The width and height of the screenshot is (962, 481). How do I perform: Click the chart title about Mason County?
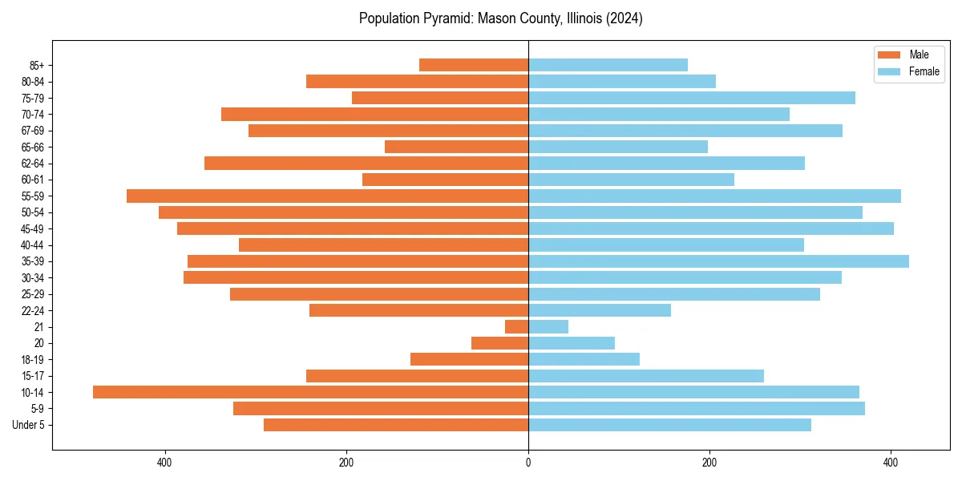[x=500, y=18]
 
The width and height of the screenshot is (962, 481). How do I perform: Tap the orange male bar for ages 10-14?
[x=310, y=392]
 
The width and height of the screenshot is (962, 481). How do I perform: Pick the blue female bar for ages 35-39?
[x=718, y=261]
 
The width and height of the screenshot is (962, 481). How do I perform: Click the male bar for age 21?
[x=516, y=326]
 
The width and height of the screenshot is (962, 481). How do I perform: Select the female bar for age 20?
[x=572, y=343]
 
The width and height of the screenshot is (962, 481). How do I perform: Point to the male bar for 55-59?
[x=327, y=196]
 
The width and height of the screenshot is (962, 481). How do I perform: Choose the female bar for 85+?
[x=608, y=65]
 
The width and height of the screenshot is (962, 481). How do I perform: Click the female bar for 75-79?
[x=692, y=98]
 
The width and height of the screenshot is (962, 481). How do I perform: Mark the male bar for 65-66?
[x=456, y=147]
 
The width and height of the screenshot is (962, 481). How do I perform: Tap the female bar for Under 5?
[x=669, y=425]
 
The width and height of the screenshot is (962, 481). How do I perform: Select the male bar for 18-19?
[x=469, y=359]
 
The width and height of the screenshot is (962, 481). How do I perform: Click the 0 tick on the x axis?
[x=528, y=463]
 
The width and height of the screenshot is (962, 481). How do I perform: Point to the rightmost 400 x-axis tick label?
[x=890, y=463]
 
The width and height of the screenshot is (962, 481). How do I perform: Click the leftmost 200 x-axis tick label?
[x=346, y=463]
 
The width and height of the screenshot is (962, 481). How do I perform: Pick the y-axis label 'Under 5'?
[x=28, y=425]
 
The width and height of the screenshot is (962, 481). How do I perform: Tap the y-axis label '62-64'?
[x=33, y=164]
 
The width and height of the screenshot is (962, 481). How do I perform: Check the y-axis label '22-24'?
[x=33, y=310]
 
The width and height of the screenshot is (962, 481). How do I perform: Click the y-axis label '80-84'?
[x=33, y=82]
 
